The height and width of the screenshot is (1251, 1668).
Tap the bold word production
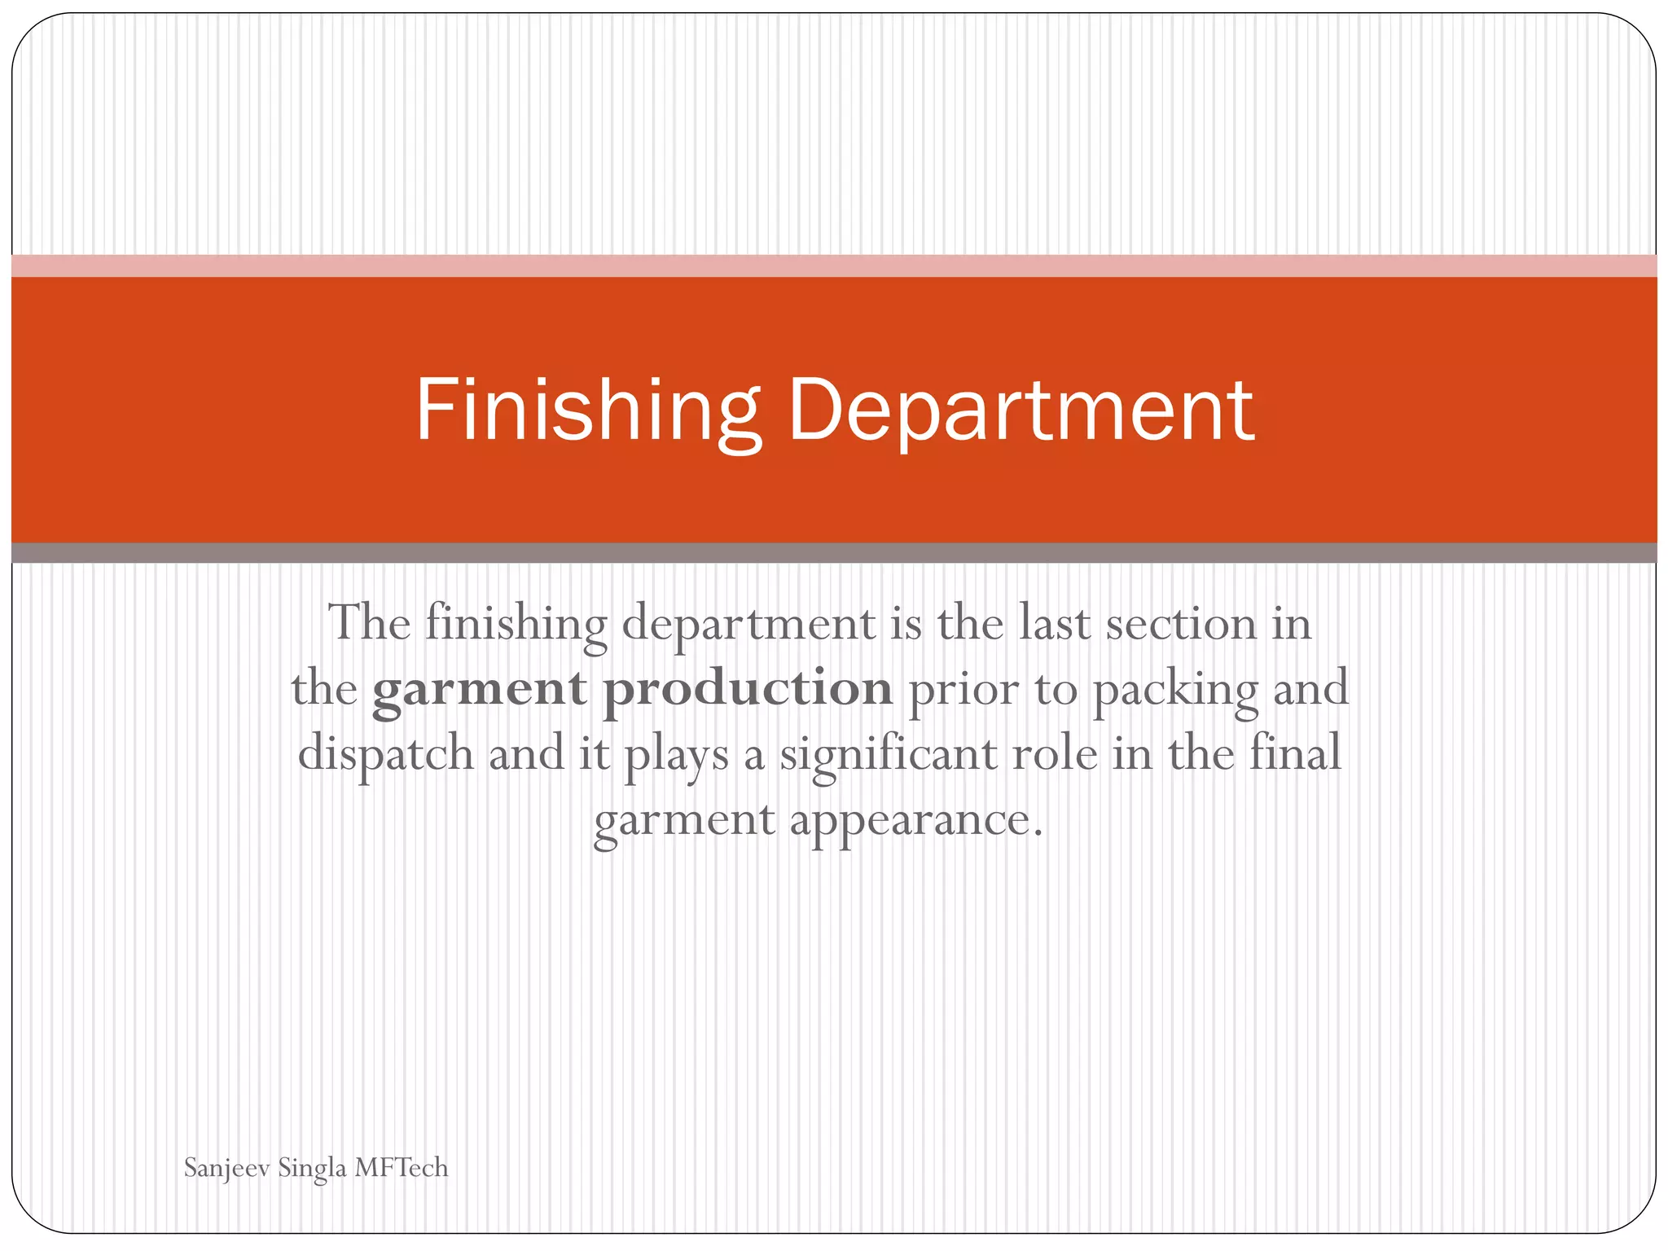coord(747,689)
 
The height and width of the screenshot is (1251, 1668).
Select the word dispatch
coord(385,754)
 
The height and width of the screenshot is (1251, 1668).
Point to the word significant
coord(888,754)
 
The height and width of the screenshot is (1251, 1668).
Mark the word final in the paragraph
coord(1295,753)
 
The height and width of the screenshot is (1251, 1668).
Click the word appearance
coord(915,819)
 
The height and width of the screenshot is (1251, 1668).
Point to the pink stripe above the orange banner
coord(834,266)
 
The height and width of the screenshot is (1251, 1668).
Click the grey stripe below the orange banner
coord(834,553)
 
